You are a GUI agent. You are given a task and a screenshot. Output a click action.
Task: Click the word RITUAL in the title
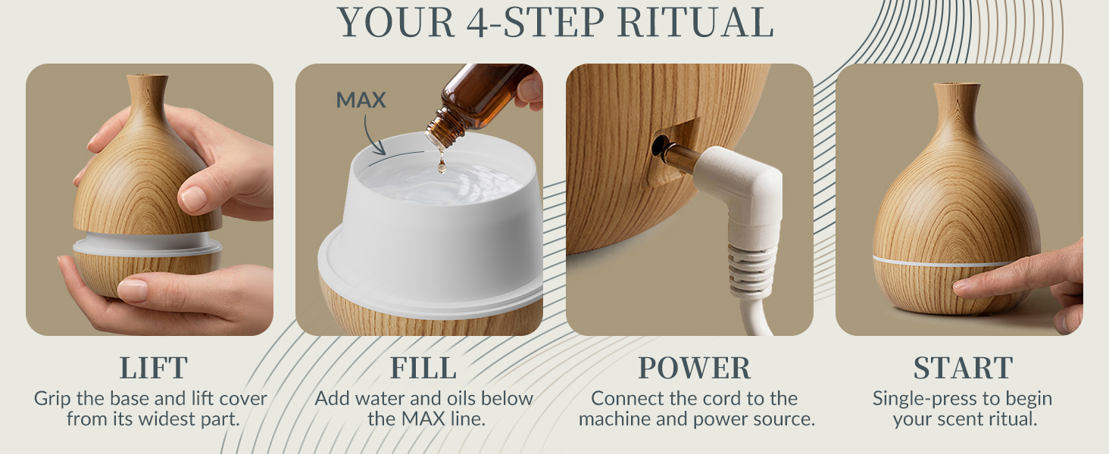(695, 23)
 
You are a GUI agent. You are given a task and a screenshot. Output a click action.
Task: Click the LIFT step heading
(154, 368)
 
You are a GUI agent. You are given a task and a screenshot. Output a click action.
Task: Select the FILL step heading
(423, 368)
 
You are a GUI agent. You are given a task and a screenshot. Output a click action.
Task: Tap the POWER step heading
(694, 368)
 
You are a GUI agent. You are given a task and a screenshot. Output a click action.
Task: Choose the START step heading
(963, 368)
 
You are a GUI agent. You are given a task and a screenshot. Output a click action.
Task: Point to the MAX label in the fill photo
(361, 100)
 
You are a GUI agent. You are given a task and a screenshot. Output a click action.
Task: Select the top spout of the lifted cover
(147, 82)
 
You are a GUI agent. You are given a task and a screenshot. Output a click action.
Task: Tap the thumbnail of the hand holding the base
(133, 291)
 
